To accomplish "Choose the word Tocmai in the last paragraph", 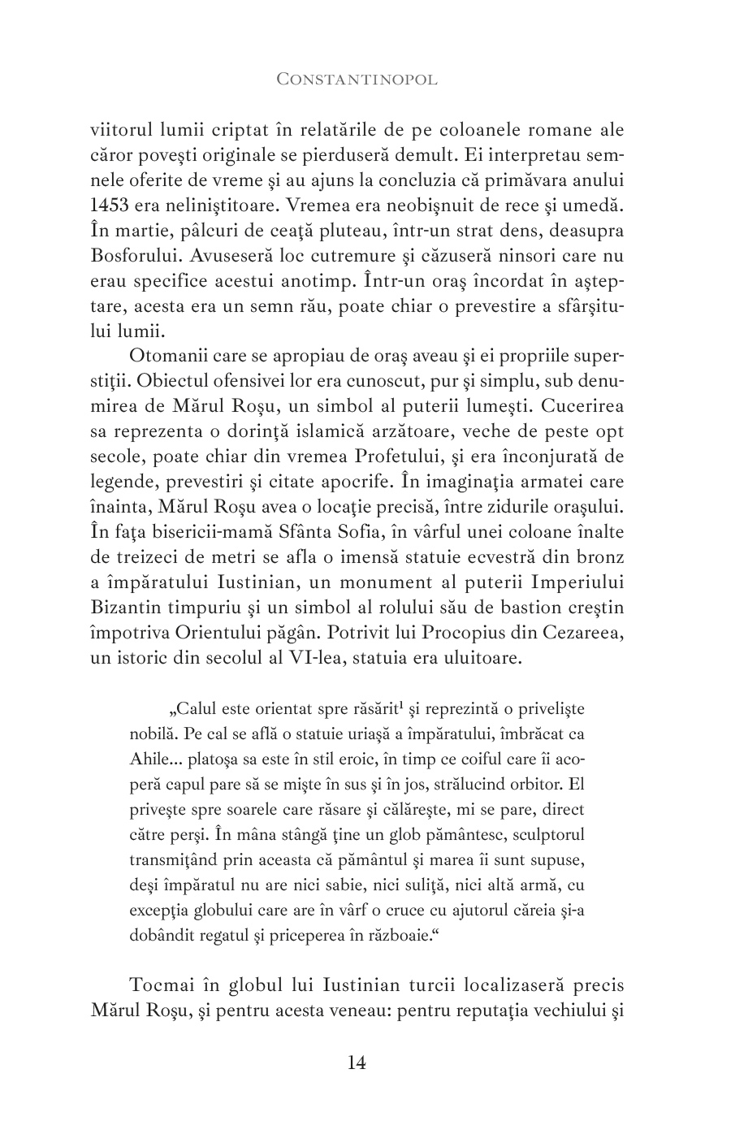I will click(159, 987).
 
